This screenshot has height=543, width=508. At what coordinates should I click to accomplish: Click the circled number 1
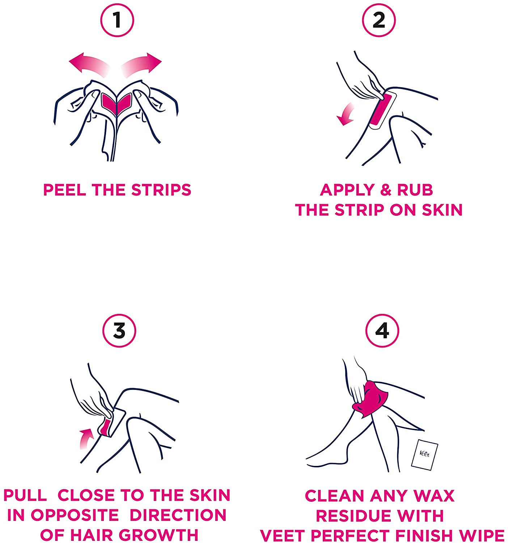(117, 20)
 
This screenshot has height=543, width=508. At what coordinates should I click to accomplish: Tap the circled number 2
(379, 20)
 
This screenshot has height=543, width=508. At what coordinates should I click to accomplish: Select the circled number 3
(119, 331)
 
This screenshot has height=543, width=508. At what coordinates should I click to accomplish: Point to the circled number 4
(382, 331)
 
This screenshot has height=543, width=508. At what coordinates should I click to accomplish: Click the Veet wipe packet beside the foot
(424, 455)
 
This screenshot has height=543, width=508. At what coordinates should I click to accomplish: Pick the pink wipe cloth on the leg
(369, 400)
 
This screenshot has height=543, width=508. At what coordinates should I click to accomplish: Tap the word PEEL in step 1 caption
(65, 190)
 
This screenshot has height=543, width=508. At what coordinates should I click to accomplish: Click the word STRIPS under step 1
(161, 190)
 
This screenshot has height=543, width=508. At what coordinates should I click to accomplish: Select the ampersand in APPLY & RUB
(385, 190)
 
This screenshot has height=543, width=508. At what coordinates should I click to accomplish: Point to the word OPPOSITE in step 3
(75, 515)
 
